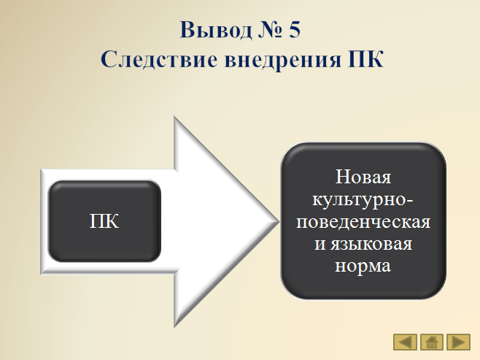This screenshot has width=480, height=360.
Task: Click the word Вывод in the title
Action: tap(216, 30)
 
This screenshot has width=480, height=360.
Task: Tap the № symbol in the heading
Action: tap(270, 30)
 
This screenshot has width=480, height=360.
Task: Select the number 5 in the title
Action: tap(294, 30)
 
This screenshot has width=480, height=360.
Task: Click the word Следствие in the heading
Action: tap(159, 59)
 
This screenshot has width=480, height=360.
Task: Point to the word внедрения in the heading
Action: tap(282, 59)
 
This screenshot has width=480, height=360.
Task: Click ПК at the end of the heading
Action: tap(365, 59)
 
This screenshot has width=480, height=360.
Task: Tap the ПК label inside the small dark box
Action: tap(104, 221)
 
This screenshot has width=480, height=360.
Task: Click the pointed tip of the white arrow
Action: tap(279, 221)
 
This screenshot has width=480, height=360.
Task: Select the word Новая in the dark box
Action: tap(363, 177)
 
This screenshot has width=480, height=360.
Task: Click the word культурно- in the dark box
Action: tap(363, 199)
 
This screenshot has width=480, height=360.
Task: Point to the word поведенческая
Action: tap(363, 221)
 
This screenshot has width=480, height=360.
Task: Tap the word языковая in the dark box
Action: tap(371, 244)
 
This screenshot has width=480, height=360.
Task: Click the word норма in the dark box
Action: tap(363, 266)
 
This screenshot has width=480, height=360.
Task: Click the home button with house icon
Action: tap(432, 342)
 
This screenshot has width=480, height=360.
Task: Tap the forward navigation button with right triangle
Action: tap(458, 342)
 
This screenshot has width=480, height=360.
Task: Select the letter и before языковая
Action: tap(320, 245)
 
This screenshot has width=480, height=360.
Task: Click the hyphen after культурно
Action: tap(410, 202)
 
